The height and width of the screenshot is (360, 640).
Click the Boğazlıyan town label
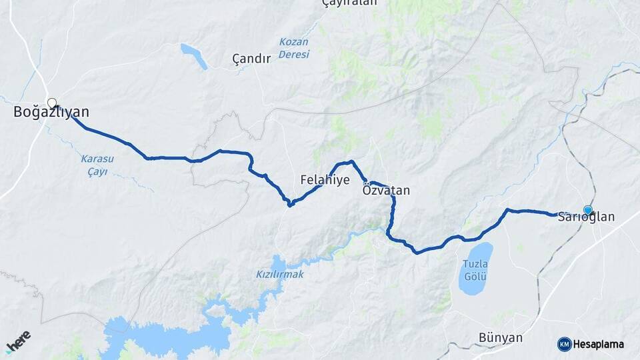51,113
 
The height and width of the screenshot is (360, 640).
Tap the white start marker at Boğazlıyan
51,103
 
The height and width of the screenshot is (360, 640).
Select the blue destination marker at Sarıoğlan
587,210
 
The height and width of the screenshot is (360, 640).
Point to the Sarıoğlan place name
586,217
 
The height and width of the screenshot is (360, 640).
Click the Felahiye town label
325,179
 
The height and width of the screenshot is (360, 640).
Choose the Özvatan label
386,191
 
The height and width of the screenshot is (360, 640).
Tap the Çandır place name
251,59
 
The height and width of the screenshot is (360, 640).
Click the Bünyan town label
501,337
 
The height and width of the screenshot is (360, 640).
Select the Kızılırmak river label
280,274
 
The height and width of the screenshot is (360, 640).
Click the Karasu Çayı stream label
98,165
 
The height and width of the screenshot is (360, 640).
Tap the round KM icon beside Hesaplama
564,344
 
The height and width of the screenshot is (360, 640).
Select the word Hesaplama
599,344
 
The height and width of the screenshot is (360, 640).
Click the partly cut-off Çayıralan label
349,3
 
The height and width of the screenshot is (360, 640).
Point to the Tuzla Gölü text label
475,269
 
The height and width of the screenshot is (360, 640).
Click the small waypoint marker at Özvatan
366,182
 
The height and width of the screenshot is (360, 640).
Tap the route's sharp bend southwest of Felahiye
289,204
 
